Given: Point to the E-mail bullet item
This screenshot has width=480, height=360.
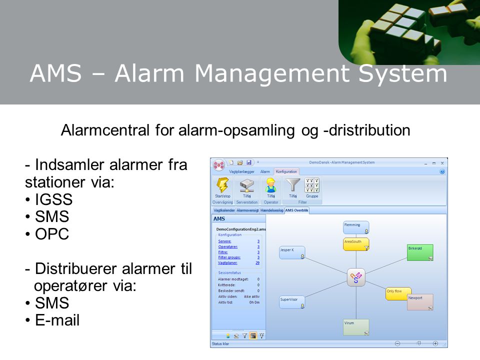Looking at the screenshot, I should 57,319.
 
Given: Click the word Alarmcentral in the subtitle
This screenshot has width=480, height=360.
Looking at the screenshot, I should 103,130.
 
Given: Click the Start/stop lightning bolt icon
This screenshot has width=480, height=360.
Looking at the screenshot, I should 222,185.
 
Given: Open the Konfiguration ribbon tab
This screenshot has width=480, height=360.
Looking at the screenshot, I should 286,171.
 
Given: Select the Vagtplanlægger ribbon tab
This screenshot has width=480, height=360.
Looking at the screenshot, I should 241,171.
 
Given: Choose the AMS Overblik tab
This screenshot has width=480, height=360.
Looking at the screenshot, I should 297,210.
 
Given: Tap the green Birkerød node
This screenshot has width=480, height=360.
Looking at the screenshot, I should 420,252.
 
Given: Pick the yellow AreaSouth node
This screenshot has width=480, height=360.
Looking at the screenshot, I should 356,244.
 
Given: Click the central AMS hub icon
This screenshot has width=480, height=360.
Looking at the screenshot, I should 356,277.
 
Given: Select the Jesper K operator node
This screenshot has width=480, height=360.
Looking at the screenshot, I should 292,252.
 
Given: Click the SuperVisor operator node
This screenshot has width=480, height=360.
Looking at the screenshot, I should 292,302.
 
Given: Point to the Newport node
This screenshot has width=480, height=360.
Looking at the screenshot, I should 420,302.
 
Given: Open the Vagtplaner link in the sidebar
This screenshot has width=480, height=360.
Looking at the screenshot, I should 227,262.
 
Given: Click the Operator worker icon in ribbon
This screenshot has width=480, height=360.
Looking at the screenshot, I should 271,185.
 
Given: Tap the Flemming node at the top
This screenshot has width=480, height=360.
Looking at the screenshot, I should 356,227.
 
